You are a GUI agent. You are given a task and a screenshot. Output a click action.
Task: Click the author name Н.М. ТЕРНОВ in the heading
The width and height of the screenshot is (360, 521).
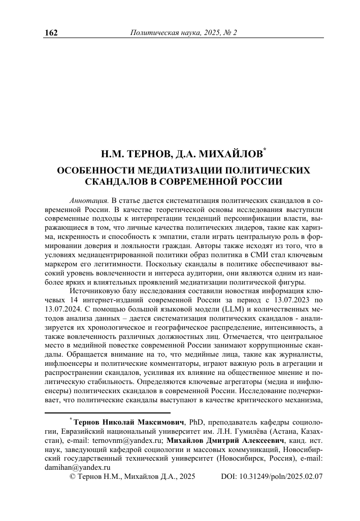pos(131,154)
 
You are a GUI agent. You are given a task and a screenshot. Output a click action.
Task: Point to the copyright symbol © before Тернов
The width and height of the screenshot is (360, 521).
pos(72,477)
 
